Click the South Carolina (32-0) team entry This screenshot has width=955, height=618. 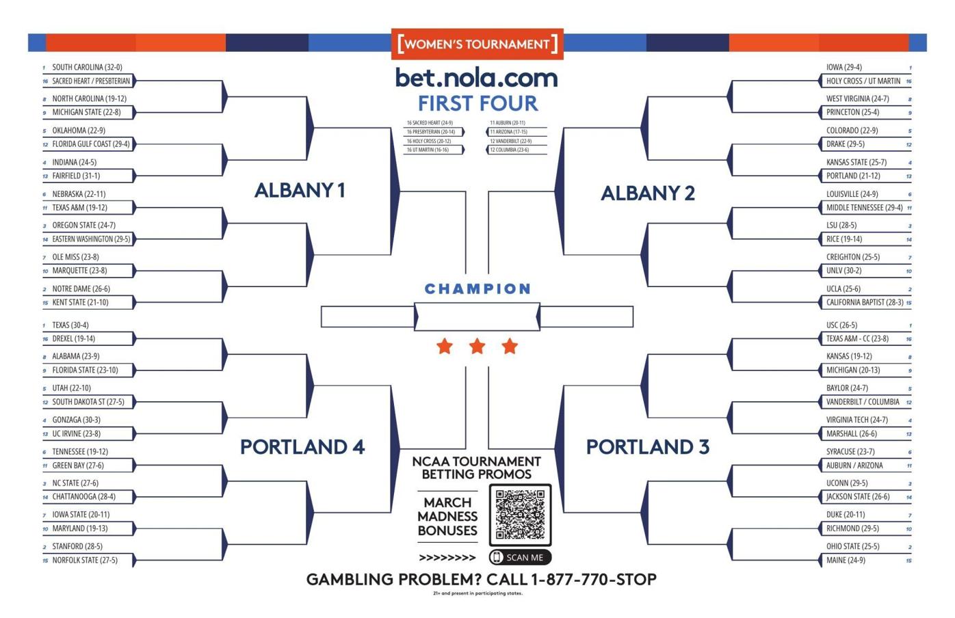pos(87,67)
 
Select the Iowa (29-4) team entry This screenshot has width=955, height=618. pos(843,67)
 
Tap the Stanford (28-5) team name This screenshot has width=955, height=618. pos(77,546)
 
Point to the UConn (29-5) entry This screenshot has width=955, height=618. pos(847,483)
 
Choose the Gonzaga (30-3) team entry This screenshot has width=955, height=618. pos(76,420)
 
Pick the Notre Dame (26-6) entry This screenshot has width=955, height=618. pos(81,288)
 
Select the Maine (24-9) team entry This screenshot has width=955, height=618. pos(846,560)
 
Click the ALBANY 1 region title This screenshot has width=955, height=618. pos(300,190)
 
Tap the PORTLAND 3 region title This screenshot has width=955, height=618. pos(647,447)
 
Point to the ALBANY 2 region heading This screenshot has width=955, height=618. pos(647,193)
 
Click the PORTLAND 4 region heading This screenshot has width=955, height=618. pos(302,447)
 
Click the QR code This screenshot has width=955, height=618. pos(520,514)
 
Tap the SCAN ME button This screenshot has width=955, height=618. pos(520,557)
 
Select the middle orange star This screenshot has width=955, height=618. pos(477,347)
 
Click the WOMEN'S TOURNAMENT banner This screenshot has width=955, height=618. pos(477,44)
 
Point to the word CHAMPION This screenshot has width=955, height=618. pos(477,288)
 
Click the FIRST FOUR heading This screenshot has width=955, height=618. pos(477,103)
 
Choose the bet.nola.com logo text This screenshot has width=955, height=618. pos(477,78)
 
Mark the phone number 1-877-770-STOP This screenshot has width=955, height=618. pos(593,580)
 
